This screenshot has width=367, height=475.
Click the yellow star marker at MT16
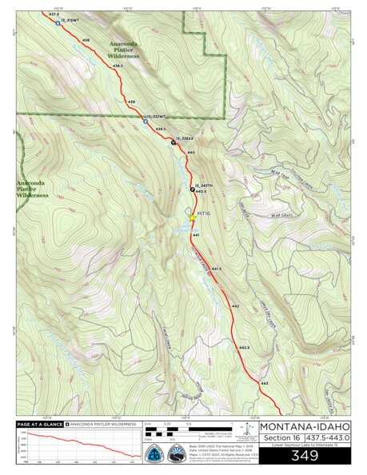(x=192, y=216)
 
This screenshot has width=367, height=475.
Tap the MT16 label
(x=203, y=214)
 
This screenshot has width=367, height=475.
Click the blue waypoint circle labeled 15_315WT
(x=58, y=22)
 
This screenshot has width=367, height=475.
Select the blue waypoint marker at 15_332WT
(x=145, y=122)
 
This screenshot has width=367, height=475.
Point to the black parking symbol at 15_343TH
(x=192, y=190)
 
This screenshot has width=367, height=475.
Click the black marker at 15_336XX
(x=174, y=143)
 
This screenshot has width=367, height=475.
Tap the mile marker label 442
(x=235, y=306)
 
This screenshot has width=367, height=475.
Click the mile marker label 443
(x=264, y=385)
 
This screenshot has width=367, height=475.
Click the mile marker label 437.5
(x=54, y=14)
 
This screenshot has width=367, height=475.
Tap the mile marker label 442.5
(x=244, y=347)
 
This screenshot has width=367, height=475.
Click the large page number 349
(x=305, y=456)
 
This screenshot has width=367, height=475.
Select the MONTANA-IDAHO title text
(x=305, y=425)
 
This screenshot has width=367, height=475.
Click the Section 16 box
(x=279, y=437)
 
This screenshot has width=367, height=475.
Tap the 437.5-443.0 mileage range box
(x=328, y=437)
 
